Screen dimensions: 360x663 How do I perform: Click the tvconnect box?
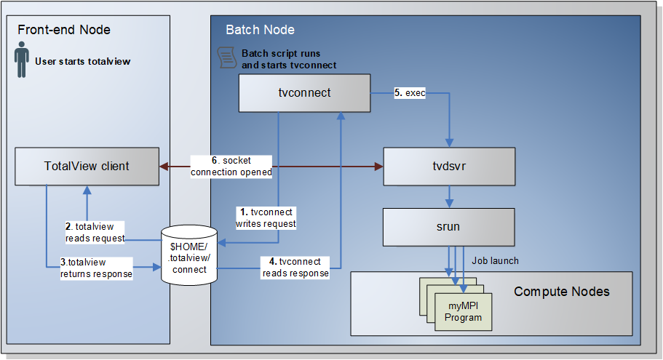[x=305, y=93]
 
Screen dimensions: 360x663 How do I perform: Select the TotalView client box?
[x=87, y=166]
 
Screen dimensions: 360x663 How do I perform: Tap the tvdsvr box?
[x=448, y=166]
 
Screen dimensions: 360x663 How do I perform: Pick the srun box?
[x=448, y=227]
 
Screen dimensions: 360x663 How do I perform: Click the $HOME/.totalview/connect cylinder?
[x=188, y=254]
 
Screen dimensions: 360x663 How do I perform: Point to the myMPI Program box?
[x=464, y=311]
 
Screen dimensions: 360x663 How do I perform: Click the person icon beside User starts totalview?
[x=22, y=61]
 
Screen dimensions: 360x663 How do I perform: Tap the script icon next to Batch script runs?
[x=227, y=58]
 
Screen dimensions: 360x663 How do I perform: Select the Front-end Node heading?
[x=64, y=30]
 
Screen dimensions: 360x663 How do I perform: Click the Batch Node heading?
[x=260, y=30]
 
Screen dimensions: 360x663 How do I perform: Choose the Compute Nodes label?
[x=561, y=292]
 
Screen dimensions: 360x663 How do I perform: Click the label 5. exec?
[x=410, y=93]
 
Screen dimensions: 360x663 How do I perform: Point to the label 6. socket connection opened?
[x=231, y=166]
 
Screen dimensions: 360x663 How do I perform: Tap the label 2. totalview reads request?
[x=95, y=232]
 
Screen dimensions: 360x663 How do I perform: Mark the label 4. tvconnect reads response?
[x=295, y=268]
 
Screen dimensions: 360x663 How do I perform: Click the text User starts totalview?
[x=83, y=62]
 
